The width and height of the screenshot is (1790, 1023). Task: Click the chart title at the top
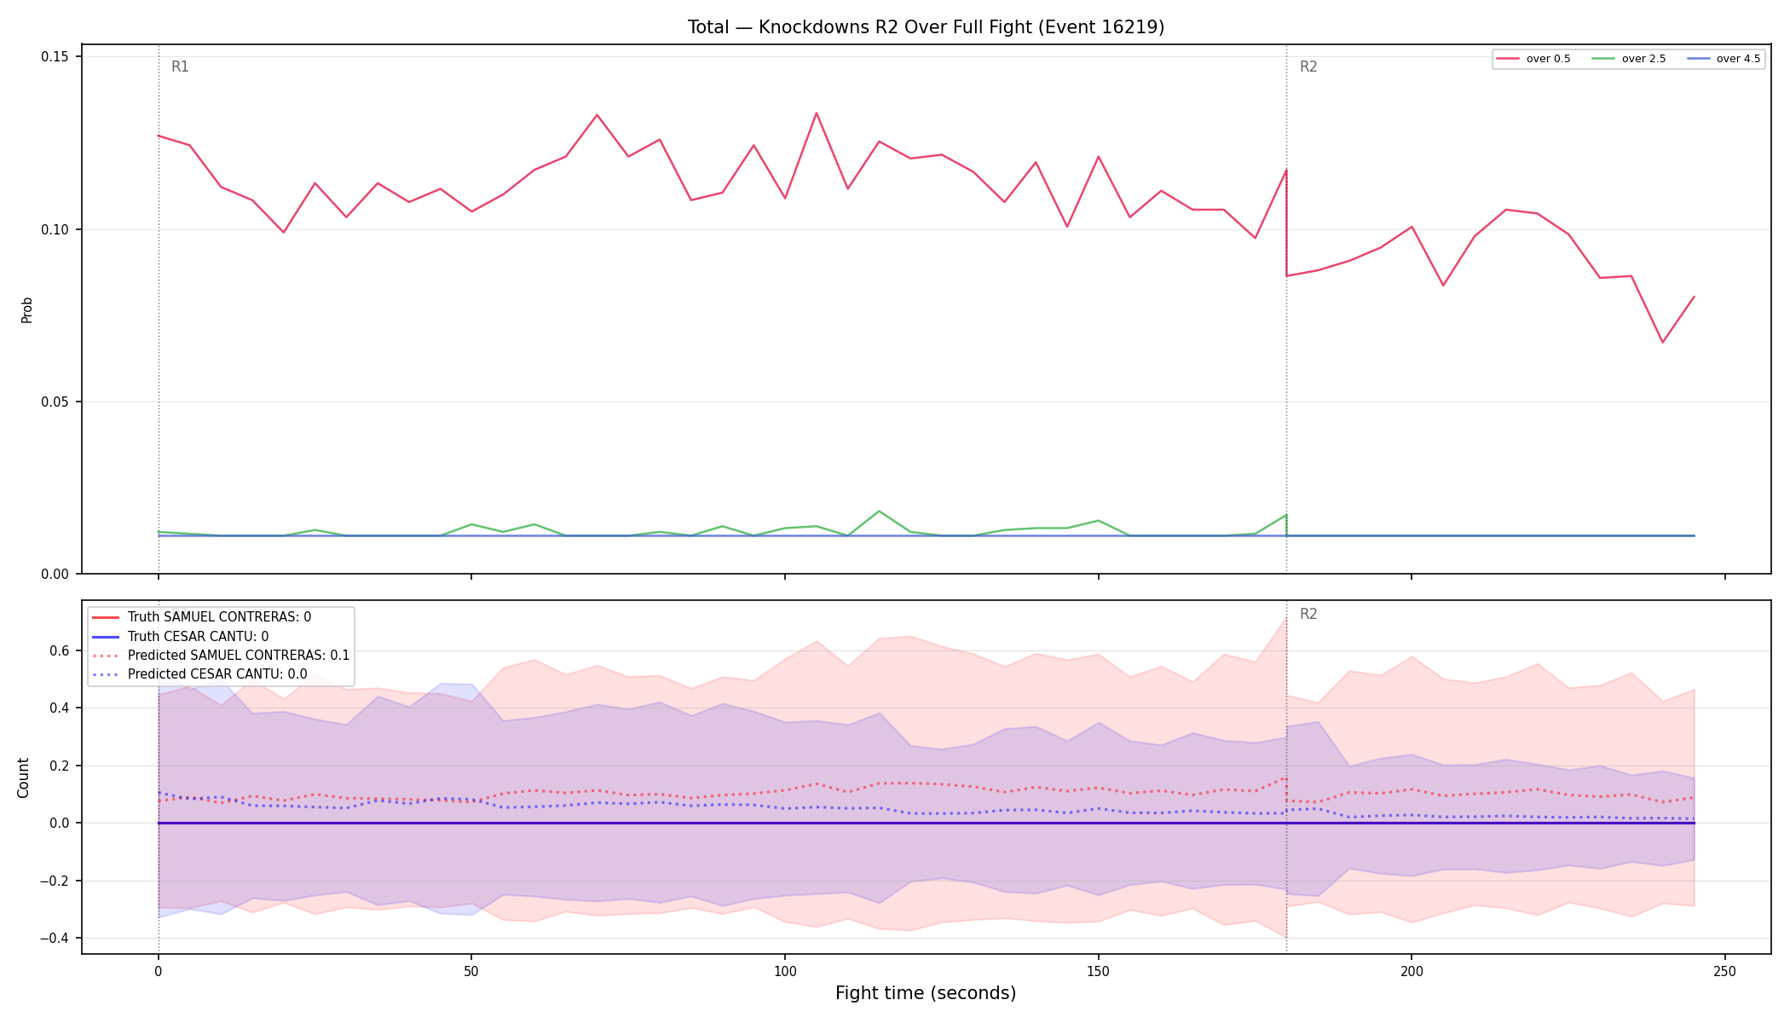click(926, 27)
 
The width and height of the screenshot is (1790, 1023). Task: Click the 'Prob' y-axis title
click(27, 309)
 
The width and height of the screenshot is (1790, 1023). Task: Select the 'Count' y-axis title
click(24, 777)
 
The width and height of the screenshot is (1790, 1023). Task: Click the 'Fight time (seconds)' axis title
click(926, 993)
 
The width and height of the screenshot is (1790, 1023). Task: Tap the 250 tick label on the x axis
click(1724, 972)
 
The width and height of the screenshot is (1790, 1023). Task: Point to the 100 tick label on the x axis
click(784, 972)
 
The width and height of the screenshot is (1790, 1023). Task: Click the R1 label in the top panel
click(180, 67)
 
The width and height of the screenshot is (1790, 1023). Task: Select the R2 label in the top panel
click(1308, 67)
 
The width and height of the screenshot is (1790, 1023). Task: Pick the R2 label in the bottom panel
click(1308, 615)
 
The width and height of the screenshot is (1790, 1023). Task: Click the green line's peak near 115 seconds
click(879, 511)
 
